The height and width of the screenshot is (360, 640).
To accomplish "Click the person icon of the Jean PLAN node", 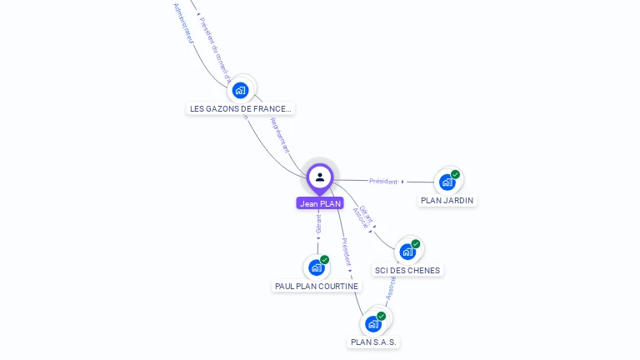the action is (320, 177).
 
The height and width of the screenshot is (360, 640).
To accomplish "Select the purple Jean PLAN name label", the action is (320, 203).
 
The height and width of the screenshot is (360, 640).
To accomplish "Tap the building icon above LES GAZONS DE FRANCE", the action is (241, 90).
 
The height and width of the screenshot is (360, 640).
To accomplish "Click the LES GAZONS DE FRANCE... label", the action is (240, 108).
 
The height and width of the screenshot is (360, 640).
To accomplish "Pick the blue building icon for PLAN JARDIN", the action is (447, 182).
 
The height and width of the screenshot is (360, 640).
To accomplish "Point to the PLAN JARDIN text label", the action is (447, 200).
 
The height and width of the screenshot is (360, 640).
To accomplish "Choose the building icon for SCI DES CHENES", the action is (407, 252).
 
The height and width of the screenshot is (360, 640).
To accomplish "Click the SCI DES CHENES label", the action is (407, 270).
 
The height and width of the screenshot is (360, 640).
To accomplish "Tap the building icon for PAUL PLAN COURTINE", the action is (316, 267).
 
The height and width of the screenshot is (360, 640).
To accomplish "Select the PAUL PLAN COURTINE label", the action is (317, 286).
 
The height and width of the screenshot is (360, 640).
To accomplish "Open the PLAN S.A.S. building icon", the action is (373, 323).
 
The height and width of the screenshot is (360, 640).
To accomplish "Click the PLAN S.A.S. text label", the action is (373, 342).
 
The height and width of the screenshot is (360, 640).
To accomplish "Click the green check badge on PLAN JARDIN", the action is (456, 174).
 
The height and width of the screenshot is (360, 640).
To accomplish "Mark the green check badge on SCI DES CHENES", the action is (416, 244).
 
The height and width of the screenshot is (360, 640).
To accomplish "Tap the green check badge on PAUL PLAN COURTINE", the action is (324, 260).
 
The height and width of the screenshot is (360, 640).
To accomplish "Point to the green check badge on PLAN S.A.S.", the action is (382, 316).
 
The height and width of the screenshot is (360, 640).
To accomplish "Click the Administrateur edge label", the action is (183, 22).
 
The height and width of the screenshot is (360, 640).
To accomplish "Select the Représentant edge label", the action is (281, 136).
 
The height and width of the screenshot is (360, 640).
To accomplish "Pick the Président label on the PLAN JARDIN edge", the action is (383, 181).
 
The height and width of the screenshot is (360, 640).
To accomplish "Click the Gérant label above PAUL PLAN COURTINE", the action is (318, 223).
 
